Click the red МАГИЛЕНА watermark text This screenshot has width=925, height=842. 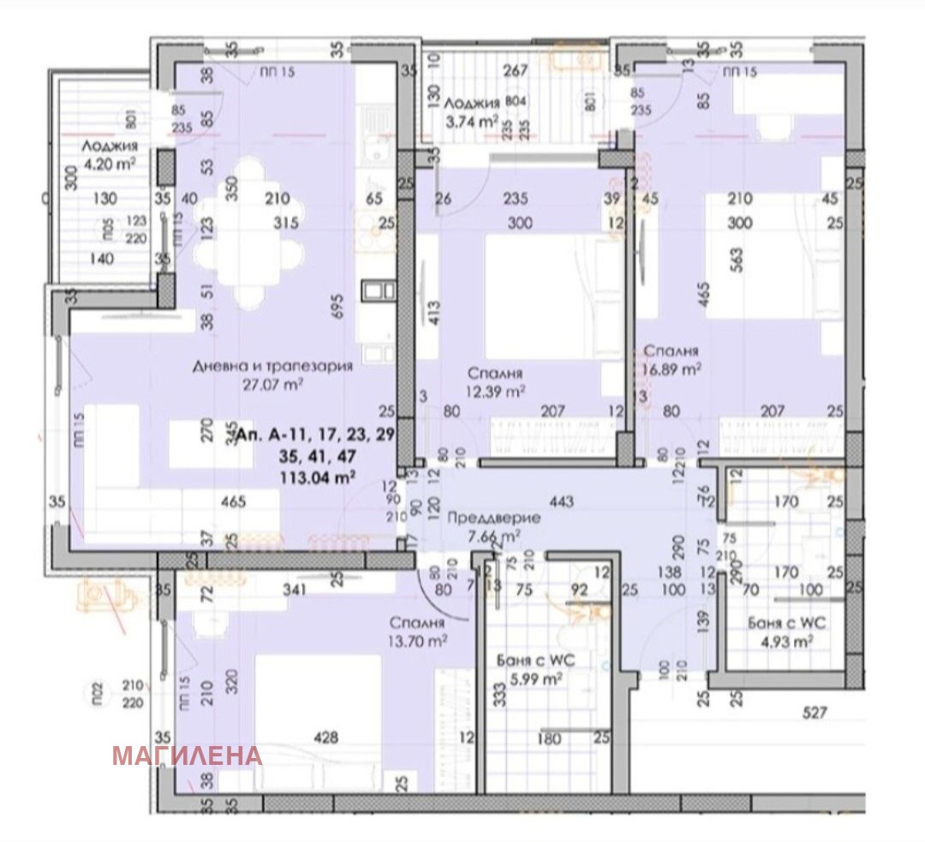point(187,755)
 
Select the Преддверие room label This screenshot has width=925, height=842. point(493,518)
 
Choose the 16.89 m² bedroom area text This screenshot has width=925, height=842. point(673,369)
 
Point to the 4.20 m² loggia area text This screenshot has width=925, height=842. point(109,163)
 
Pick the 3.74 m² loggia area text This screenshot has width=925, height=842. point(471,122)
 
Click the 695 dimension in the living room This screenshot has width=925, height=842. point(339,302)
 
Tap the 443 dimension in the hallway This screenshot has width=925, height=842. point(562,501)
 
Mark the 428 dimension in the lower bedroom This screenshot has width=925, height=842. point(325,737)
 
